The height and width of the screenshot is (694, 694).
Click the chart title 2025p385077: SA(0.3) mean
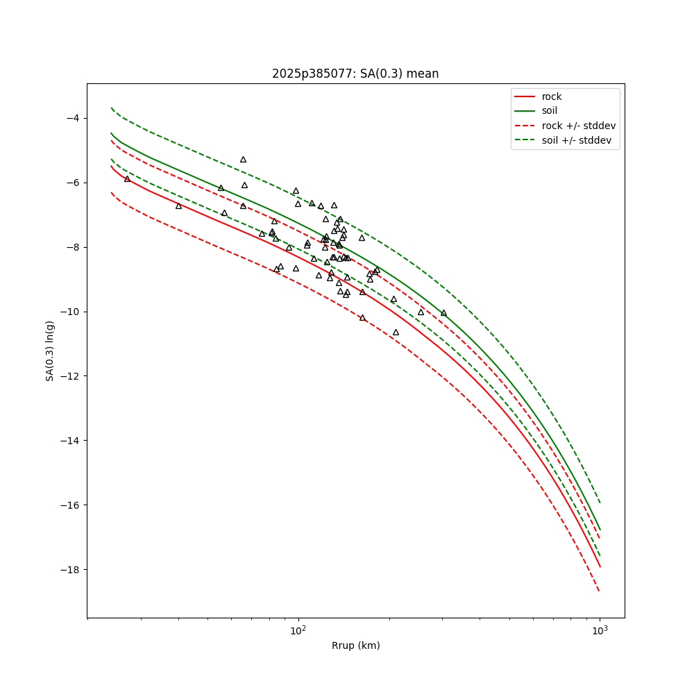coord(355,74)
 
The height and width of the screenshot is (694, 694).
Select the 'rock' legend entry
coord(539,96)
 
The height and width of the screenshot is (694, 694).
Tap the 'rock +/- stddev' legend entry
coord(565,126)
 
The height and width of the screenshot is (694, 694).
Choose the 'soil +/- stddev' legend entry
coord(563,140)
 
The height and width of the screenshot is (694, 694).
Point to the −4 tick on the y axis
coord(73,118)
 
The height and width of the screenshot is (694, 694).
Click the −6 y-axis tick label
coord(73,183)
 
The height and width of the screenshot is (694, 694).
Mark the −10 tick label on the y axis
coord(70,312)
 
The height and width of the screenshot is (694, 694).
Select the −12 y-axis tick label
coord(70,376)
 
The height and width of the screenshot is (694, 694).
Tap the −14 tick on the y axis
coord(70,441)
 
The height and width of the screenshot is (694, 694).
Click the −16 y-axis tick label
coord(70,505)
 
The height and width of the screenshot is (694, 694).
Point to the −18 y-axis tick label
coord(70,570)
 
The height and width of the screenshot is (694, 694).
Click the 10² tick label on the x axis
coord(298,630)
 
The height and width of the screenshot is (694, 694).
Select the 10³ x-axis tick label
coord(600,630)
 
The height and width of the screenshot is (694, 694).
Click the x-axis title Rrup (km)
coord(356,645)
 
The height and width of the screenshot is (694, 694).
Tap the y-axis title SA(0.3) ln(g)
coord(49,351)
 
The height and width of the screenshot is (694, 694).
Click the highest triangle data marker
coord(243,160)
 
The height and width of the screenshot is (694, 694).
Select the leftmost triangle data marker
coord(128,179)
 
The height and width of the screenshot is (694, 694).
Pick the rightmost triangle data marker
coord(444,313)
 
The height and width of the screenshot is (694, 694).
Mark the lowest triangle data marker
coord(396,332)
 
